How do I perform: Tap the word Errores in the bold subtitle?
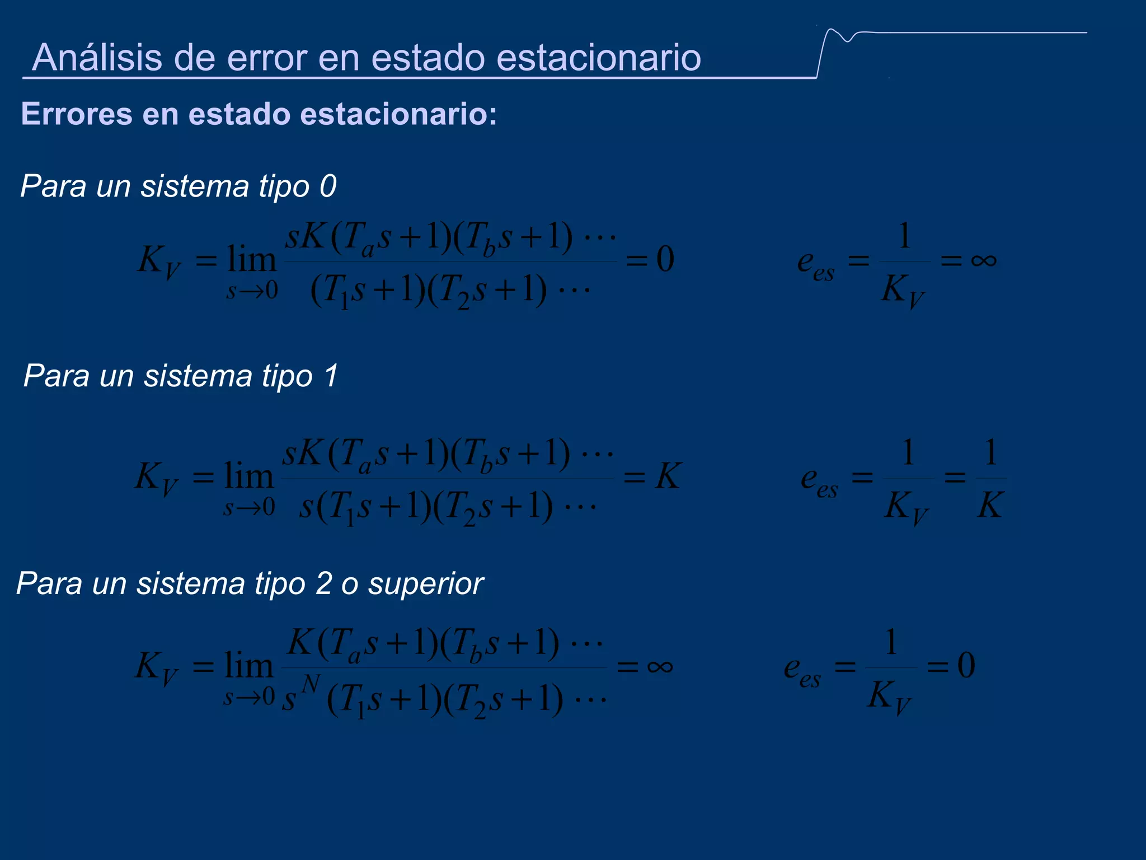77,114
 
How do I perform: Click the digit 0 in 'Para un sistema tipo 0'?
328,186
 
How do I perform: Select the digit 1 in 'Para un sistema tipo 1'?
331,375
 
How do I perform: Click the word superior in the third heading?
425,583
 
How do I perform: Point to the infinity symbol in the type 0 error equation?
984,260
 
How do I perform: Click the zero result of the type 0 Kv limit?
665,259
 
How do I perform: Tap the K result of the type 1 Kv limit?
668,476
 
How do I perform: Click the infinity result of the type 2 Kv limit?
660,666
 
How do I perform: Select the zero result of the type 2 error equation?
966,665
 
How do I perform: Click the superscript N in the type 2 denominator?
311,684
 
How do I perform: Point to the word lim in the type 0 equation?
251,259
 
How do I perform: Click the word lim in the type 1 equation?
248,476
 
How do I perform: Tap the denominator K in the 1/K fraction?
990,505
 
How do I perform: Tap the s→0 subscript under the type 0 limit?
252,291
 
